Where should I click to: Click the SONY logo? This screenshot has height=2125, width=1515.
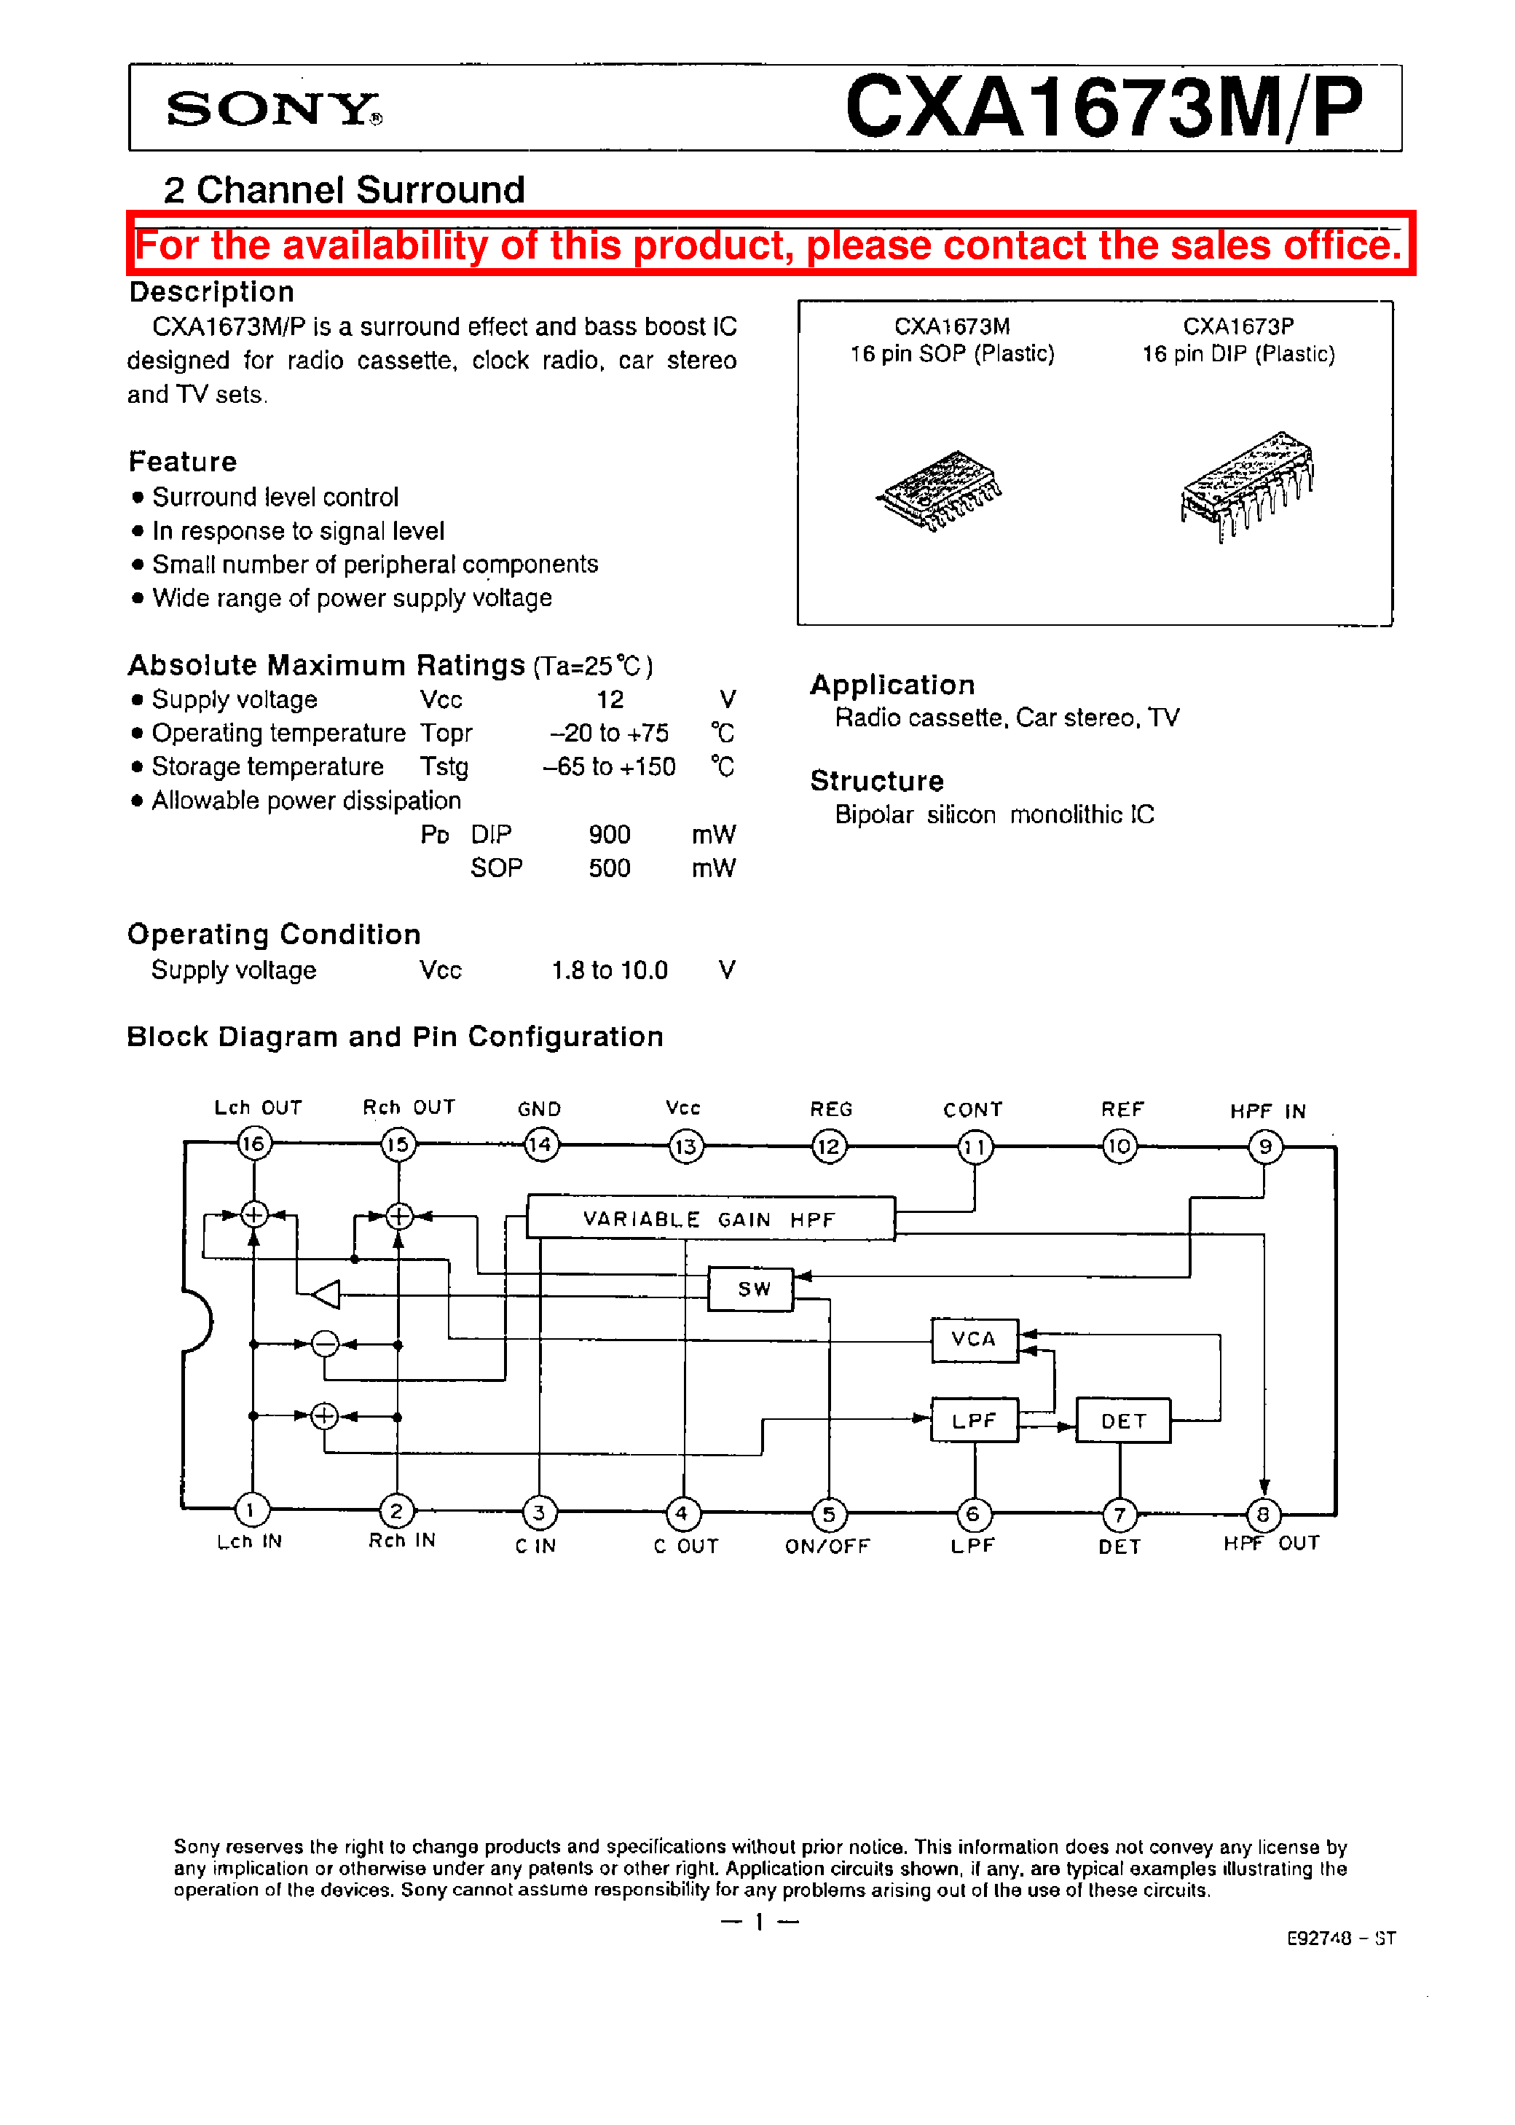(x=272, y=109)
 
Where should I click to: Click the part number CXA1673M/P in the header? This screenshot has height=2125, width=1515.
(x=1103, y=107)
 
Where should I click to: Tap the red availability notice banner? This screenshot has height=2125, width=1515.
(x=770, y=244)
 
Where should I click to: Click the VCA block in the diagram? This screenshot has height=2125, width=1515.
(x=974, y=1339)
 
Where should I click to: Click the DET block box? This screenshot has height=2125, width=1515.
(x=1122, y=1421)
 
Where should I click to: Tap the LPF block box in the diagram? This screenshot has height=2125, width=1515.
(x=974, y=1420)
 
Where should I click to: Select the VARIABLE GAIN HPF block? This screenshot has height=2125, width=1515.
(x=710, y=1218)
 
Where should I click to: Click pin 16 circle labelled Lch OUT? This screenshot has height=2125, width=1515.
(x=253, y=1143)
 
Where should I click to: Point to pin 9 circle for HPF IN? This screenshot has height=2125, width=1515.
(x=1265, y=1147)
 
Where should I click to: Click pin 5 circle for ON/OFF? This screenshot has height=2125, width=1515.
(x=828, y=1513)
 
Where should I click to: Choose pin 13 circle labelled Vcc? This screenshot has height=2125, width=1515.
(x=685, y=1145)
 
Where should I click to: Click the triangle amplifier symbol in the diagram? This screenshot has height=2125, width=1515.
(x=326, y=1294)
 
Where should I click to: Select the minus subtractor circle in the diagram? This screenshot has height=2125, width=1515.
(x=325, y=1343)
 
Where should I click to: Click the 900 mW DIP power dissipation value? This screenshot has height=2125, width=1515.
(x=609, y=834)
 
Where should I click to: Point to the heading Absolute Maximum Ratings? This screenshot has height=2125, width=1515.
(x=326, y=665)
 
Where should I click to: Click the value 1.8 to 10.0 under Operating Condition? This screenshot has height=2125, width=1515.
(x=609, y=970)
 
